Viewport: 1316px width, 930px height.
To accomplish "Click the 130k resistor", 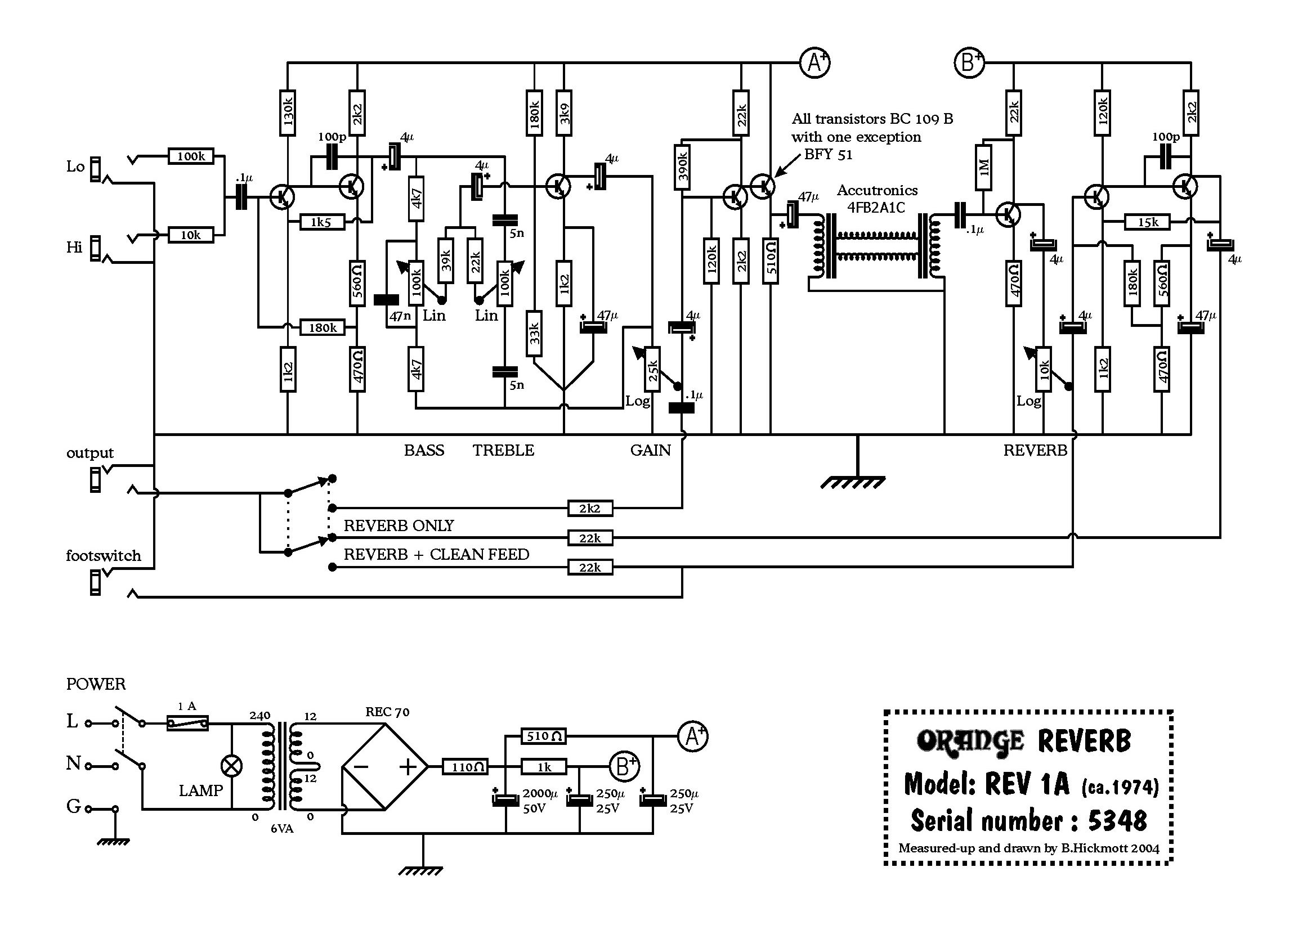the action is coord(288,113).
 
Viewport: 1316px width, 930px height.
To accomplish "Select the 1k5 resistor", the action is coord(323,222).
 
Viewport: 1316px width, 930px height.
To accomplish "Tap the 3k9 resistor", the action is coord(564,113).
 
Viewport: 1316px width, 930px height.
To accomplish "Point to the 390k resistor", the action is coord(682,167).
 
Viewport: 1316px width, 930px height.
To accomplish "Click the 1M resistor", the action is coord(983,167).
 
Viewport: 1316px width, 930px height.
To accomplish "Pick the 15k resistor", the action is coord(1148,222).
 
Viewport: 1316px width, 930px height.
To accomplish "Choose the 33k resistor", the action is coord(534,334).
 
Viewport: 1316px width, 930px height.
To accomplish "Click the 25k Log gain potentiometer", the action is coord(652,370).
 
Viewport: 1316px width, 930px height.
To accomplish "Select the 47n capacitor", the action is coord(386,299).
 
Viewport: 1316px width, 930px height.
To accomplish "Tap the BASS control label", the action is coord(424,451).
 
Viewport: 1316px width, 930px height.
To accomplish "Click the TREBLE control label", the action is coord(503,451).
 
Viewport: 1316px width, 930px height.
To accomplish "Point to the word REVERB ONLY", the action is coord(399,525).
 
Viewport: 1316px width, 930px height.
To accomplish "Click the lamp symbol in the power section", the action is coord(231,766).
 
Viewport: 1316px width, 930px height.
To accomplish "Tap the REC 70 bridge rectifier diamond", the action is coord(384,766).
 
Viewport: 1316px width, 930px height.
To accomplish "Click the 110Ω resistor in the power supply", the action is coord(465,767).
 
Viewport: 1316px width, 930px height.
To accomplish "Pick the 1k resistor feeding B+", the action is coord(544,767).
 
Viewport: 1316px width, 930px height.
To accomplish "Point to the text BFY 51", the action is coord(827,154).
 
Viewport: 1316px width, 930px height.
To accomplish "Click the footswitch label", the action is coord(103,555).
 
